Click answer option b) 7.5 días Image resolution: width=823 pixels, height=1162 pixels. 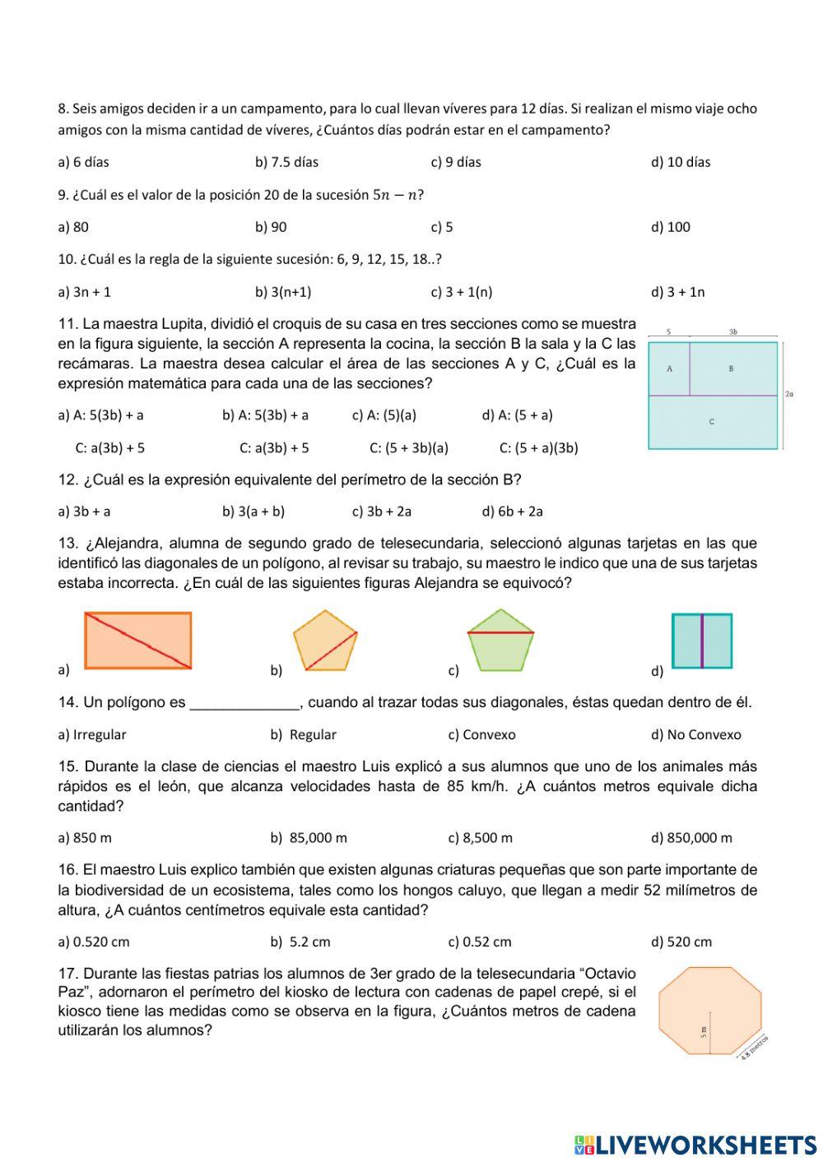[x=286, y=162]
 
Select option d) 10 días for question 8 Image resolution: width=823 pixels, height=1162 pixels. [x=681, y=162]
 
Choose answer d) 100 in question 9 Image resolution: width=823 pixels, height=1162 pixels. [x=671, y=227]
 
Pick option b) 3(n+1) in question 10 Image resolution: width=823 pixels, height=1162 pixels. [x=283, y=292]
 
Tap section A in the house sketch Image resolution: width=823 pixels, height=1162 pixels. [x=669, y=368]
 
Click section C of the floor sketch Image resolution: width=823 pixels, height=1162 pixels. [x=712, y=422]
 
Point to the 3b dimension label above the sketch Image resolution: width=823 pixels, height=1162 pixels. [x=732, y=332]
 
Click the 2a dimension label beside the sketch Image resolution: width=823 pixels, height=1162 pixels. [x=789, y=395]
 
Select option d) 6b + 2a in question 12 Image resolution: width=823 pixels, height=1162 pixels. [x=513, y=512]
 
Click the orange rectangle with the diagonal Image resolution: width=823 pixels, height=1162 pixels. [x=138, y=640]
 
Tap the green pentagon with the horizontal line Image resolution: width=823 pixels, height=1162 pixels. [x=500, y=641]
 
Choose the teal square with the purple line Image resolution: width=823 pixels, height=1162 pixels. [x=702, y=641]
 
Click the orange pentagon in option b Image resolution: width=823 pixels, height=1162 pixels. [x=325, y=641]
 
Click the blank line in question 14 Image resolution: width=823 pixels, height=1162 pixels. [x=244, y=704]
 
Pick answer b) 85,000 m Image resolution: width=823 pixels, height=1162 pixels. [x=309, y=838]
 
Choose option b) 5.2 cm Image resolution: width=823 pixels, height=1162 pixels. [x=300, y=942]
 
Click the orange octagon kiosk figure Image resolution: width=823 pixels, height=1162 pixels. [x=707, y=1010]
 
